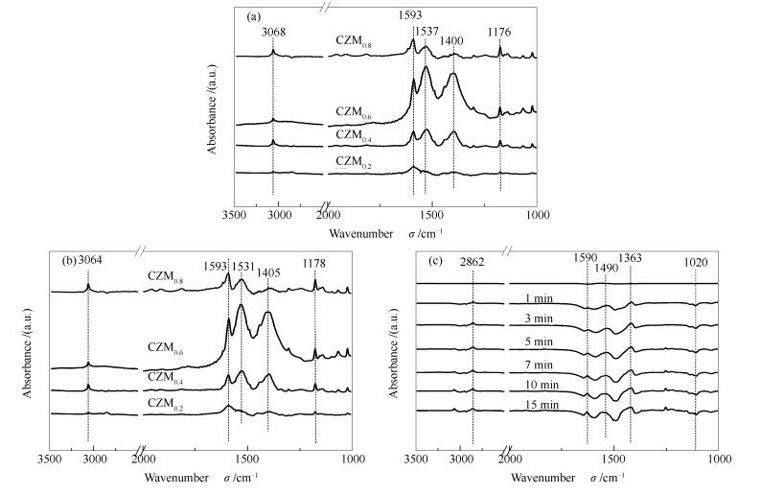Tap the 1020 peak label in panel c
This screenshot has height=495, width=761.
tap(696, 260)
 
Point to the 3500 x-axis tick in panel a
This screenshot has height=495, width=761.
tap(234, 214)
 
